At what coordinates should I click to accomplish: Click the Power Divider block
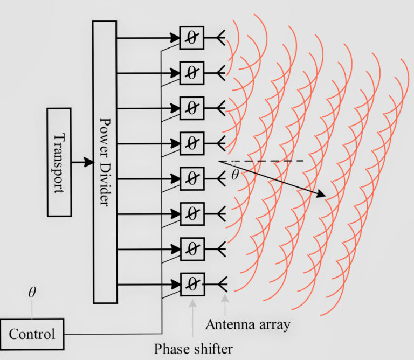[105, 162]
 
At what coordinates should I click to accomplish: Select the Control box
[32, 334]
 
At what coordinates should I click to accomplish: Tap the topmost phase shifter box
[192, 38]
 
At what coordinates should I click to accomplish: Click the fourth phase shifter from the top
[192, 143]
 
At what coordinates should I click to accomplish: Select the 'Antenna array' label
[248, 324]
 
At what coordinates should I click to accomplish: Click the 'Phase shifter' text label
[194, 349]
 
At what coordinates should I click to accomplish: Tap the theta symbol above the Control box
[32, 293]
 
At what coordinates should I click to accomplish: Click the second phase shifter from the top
[192, 73]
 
